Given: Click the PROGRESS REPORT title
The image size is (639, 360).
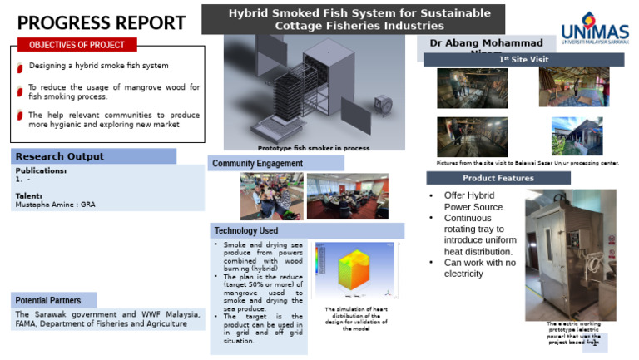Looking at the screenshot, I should point(102,23).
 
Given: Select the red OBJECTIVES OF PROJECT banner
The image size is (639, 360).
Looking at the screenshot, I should point(77,45).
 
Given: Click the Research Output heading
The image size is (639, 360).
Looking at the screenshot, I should point(60,156).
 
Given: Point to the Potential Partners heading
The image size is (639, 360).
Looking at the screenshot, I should point(48,300).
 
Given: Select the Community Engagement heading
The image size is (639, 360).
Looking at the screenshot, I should point(258,164).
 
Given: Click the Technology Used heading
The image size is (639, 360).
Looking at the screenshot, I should point(246,230).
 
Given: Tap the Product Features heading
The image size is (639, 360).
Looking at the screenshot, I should point(498,178).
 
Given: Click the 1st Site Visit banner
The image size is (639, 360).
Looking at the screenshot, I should point(523,60).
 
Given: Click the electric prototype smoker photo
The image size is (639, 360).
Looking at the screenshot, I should point(570,254).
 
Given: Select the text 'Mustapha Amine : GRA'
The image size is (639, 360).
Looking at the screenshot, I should point(55,204).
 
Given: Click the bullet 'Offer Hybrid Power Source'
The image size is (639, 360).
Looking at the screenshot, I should point(474,200).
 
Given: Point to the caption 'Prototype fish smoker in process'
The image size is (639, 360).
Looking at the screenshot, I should point(315,148).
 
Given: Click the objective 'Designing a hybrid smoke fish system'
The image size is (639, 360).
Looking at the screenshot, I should point(99,65).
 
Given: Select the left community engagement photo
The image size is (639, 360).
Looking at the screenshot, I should point(271,196).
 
